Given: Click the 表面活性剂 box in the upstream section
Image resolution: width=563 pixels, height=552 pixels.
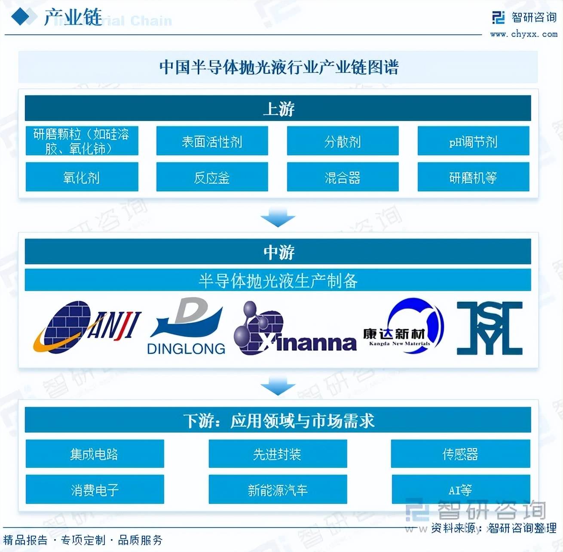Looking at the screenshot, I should click(x=212, y=141).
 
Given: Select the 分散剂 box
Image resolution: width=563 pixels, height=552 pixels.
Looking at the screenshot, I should click(x=343, y=141).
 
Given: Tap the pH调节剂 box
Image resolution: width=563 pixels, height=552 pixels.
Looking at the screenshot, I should click(x=473, y=141).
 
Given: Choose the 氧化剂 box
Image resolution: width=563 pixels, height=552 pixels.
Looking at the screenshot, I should click(x=82, y=177).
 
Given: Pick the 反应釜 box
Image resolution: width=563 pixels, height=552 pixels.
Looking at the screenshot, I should click(x=212, y=177).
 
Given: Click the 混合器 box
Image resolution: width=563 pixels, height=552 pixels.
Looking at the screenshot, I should click(x=343, y=177).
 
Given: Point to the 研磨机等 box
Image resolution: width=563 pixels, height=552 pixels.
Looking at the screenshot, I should click(x=473, y=177).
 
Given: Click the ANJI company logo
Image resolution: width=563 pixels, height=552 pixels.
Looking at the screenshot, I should click(x=87, y=328).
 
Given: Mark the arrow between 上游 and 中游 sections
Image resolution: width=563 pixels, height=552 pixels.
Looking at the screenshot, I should click(x=278, y=217).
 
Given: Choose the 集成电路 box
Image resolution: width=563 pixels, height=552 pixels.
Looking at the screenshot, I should click(x=95, y=454).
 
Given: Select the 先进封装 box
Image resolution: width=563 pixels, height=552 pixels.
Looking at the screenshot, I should click(x=278, y=454).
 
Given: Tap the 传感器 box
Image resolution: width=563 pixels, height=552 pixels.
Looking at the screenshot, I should click(x=460, y=454).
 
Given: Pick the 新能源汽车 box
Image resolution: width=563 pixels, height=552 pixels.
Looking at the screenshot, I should click(x=278, y=489).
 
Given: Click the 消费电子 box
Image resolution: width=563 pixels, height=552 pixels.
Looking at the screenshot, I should click(x=95, y=489).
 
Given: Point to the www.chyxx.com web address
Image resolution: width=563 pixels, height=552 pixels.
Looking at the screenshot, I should click(x=523, y=34).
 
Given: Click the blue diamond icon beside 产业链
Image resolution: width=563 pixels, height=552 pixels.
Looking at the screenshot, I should click(x=21, y=17).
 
